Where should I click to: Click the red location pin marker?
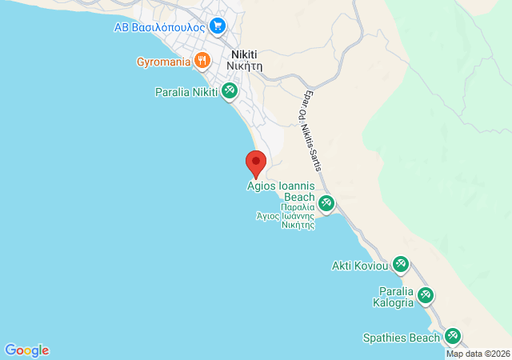pyautogui.click(x=256, y=163)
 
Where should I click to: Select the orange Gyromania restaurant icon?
pyautogui.click(x=202, y=60)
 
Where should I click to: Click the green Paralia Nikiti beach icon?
pyautogui.click(x=230, y=92)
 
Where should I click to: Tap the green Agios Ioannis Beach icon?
pyautogui.click(x=326, y=203)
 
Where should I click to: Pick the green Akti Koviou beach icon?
pyautogui.click(x=400, y=264)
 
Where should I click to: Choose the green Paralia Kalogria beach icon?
pyautogui.click(x=426, y=296)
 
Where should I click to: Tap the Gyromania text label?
pyautogui.click(x=162, y=61)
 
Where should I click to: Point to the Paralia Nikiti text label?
pyautogui.click(x=186, y=92)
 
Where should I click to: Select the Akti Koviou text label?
pyautogui.click(x=359, y=265)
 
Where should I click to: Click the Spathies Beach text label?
pyautogui.click(x=401, y=338)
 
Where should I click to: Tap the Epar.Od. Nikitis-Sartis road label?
pyautogui.click(x=311, y=132)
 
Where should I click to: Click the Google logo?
pyautogui.click(x=26, y=350)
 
